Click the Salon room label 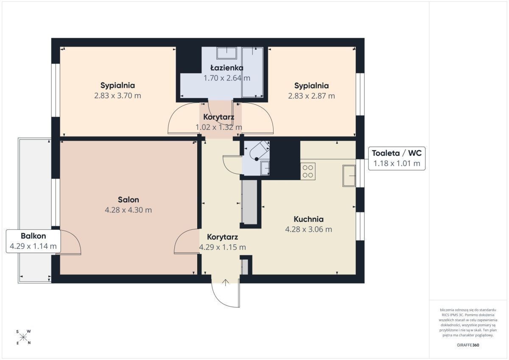tap(129, 200)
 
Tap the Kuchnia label tap(309, 219)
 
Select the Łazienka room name tap(227, 68)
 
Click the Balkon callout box tap(33, 241)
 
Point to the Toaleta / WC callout tap(397, 158)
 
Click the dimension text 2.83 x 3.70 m tap(118, 96)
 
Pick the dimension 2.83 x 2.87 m tap(311, 96)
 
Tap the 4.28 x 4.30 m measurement tap(129, 210)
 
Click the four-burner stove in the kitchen tap(308, 171)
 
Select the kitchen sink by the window tap(349, 176)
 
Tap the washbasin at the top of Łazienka tap(227, 53)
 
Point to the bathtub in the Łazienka tap(252, 72)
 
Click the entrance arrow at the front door tap(225, 282)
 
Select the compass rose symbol tap(23, 337)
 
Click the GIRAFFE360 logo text tap(468, 345)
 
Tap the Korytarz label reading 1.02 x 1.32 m tap(218, 122)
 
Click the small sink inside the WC tap(265, 168)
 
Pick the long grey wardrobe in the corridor tap(249, 202)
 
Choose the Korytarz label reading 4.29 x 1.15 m tap(222, 242)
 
